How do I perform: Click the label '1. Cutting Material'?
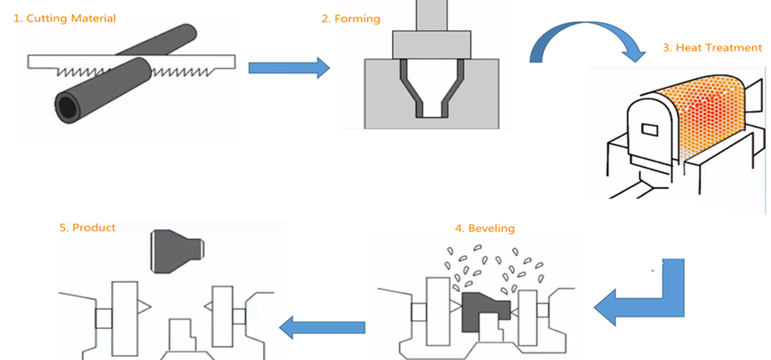(x=64, y=18)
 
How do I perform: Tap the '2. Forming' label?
(x=350, y=19)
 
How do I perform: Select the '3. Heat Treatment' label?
(x=712, y=48)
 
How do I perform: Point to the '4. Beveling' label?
(x=484, y=228)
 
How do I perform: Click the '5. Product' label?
(x=88, y=228)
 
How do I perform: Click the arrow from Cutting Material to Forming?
(x=288, y=68)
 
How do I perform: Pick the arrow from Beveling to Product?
(x=322, y=327)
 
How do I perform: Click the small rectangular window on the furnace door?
(x=650, y=130)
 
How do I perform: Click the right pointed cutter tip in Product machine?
(x=208, y=306)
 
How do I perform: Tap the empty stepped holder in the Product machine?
(x=182, y=335)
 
